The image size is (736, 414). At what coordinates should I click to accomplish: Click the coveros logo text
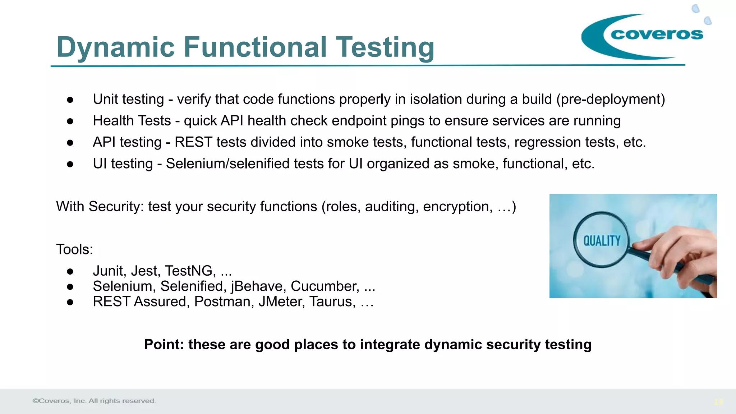(x=657, y=34)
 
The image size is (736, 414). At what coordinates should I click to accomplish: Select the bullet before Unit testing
(x=70, y=100)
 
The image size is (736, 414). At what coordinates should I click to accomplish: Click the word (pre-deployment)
(x=611, y=99)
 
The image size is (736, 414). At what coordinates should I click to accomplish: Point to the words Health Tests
(x=132, y=121)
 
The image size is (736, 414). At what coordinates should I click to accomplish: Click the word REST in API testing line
(x=193, y=142)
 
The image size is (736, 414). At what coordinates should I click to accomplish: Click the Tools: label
(x=74, y=249)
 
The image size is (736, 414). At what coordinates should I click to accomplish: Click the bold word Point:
(x=164, y=345)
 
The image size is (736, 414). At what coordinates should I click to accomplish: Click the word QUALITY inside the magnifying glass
(x=602, y=241)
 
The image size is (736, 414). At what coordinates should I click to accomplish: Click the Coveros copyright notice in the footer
(x=94, y=401)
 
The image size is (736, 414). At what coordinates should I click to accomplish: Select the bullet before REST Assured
(x=70, y=302)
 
